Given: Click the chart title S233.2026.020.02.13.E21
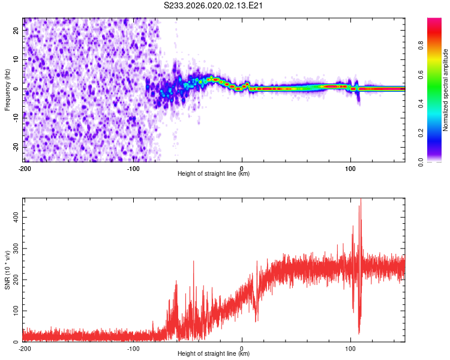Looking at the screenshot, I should coord(214,5).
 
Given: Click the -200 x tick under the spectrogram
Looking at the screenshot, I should coord(25,168).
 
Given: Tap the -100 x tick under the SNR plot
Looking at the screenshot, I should coord(133,348).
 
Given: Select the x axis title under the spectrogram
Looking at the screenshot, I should coord(214,174).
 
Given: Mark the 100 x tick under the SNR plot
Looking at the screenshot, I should coord(350,348).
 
